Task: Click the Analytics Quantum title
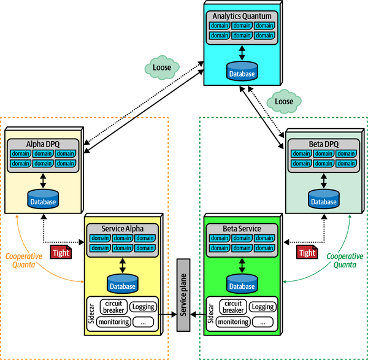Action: (x=242, y=15)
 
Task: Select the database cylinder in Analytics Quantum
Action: (x=242, y=71)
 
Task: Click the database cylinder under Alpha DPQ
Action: (x=42, y=199)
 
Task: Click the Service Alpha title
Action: (x=123, y=229)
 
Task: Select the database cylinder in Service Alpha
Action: (x=123, y=283)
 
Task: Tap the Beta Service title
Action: (x=242, y=229)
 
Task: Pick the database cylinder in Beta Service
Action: (x=242, y=283)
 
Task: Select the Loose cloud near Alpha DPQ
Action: (x=161, y=65)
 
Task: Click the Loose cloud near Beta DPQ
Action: (x=283, y=101)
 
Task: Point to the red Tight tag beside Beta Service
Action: (x=306, y=252)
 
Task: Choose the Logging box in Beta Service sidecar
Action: (x=263, y=307)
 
